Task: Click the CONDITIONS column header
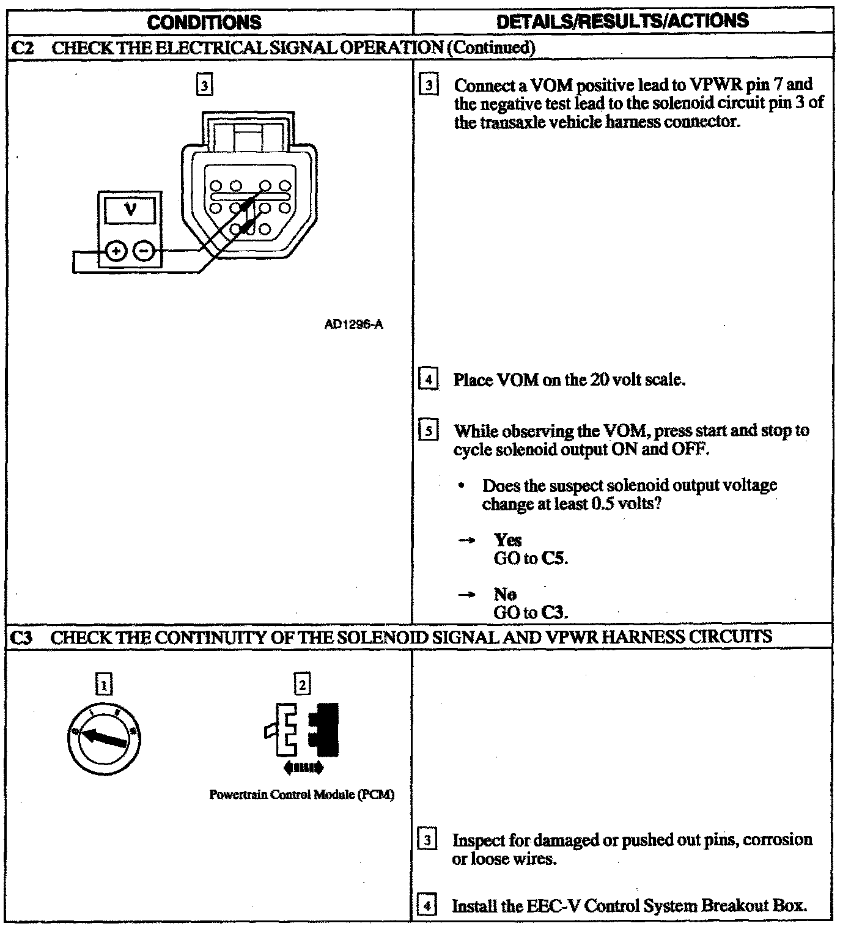click(x=205, y=23)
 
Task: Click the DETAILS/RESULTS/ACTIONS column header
click(x=622, y=21)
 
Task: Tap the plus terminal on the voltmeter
click(x=116, y=251)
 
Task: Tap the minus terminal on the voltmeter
click(x=144, y=251)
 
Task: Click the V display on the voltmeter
click(x=130, y=210)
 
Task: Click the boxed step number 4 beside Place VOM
click(x=429, y=380)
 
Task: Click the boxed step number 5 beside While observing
click(x=429, y=431)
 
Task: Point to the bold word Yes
click(x=507, y=540)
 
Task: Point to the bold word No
click(x=505, y=595)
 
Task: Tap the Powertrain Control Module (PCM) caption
click(x=301, y=795)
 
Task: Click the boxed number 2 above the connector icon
click(x=302, y=683)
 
